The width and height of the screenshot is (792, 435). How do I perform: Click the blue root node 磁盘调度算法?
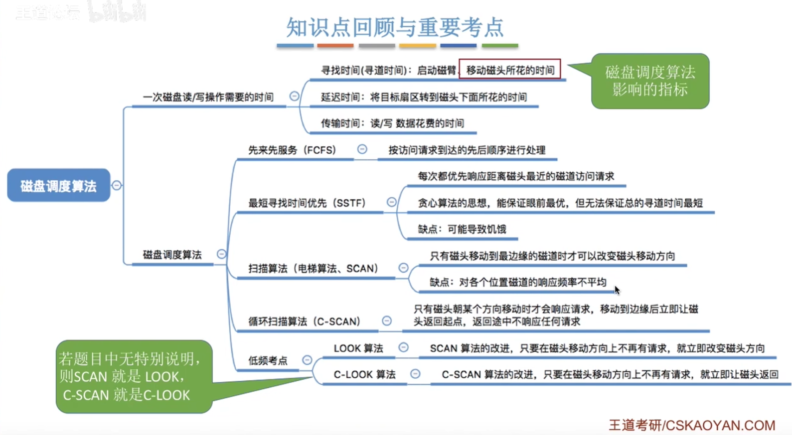click(x=59, y=185)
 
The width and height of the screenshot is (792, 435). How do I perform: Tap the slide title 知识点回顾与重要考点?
click(x=395, y=27)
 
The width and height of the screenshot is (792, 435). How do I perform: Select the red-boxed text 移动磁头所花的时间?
click(x=510, y=69)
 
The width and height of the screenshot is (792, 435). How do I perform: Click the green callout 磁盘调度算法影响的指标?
click(x=650, y=81)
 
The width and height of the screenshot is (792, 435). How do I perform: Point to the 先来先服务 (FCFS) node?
click(x=292, y=150)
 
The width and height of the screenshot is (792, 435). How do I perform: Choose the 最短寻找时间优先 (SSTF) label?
click(x=307, y=203)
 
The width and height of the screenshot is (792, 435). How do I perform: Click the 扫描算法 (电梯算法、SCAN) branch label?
click(x=314, y=269)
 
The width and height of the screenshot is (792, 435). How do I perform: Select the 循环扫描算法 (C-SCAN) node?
click(x=304, y=322)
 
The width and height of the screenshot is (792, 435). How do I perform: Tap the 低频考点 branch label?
click(x=268, y=360)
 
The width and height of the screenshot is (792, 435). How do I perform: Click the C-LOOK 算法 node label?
click(x=364, y=374)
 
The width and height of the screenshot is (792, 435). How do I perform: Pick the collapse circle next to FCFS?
click(x=362, y=149)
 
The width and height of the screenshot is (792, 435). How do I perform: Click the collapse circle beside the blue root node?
click(x=117, y=185)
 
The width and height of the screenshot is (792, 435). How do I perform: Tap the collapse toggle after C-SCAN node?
click(x=387, y=321)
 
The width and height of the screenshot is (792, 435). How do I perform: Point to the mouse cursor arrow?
click(x=617, y=290)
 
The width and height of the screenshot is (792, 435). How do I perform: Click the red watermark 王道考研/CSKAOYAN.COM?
click(x=692, y=425)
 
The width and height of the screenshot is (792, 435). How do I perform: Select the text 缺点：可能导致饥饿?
click(x=462, y=229)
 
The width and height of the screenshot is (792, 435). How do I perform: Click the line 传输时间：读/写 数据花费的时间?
click(x=392, y=123)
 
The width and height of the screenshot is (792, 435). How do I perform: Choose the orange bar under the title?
click(x=335, y=46)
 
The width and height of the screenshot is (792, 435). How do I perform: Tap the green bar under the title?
click(x=500, y=46)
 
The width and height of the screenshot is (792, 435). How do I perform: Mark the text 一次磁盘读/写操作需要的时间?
click(x=208, y=97)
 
